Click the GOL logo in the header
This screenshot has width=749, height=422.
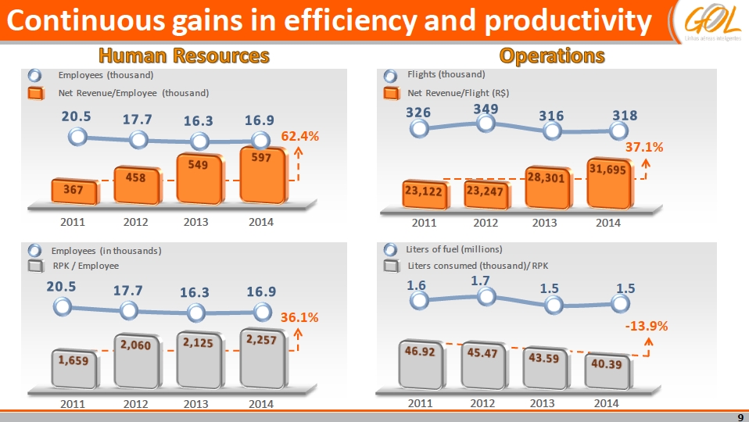(707, 20)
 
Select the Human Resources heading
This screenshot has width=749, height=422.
(184, 55)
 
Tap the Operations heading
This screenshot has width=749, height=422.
(553, 55)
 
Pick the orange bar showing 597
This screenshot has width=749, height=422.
(262, 174)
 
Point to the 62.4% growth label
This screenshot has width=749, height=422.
(300, 136)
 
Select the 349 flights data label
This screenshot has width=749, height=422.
(486, 106)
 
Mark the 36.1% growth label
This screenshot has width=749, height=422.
(299, 317)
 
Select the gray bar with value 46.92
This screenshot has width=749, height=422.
(420, 363)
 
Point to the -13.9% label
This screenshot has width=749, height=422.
(646, 326)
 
